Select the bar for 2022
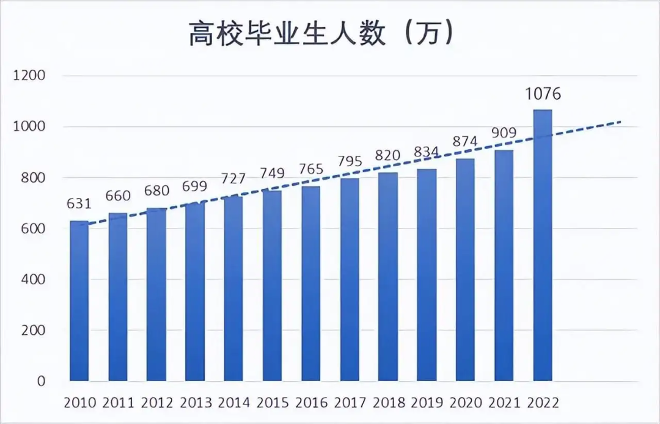[x=543, y=244]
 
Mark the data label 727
[x=234, y=180]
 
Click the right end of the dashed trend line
[x=620, y=122]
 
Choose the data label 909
[x=504, y=133]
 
